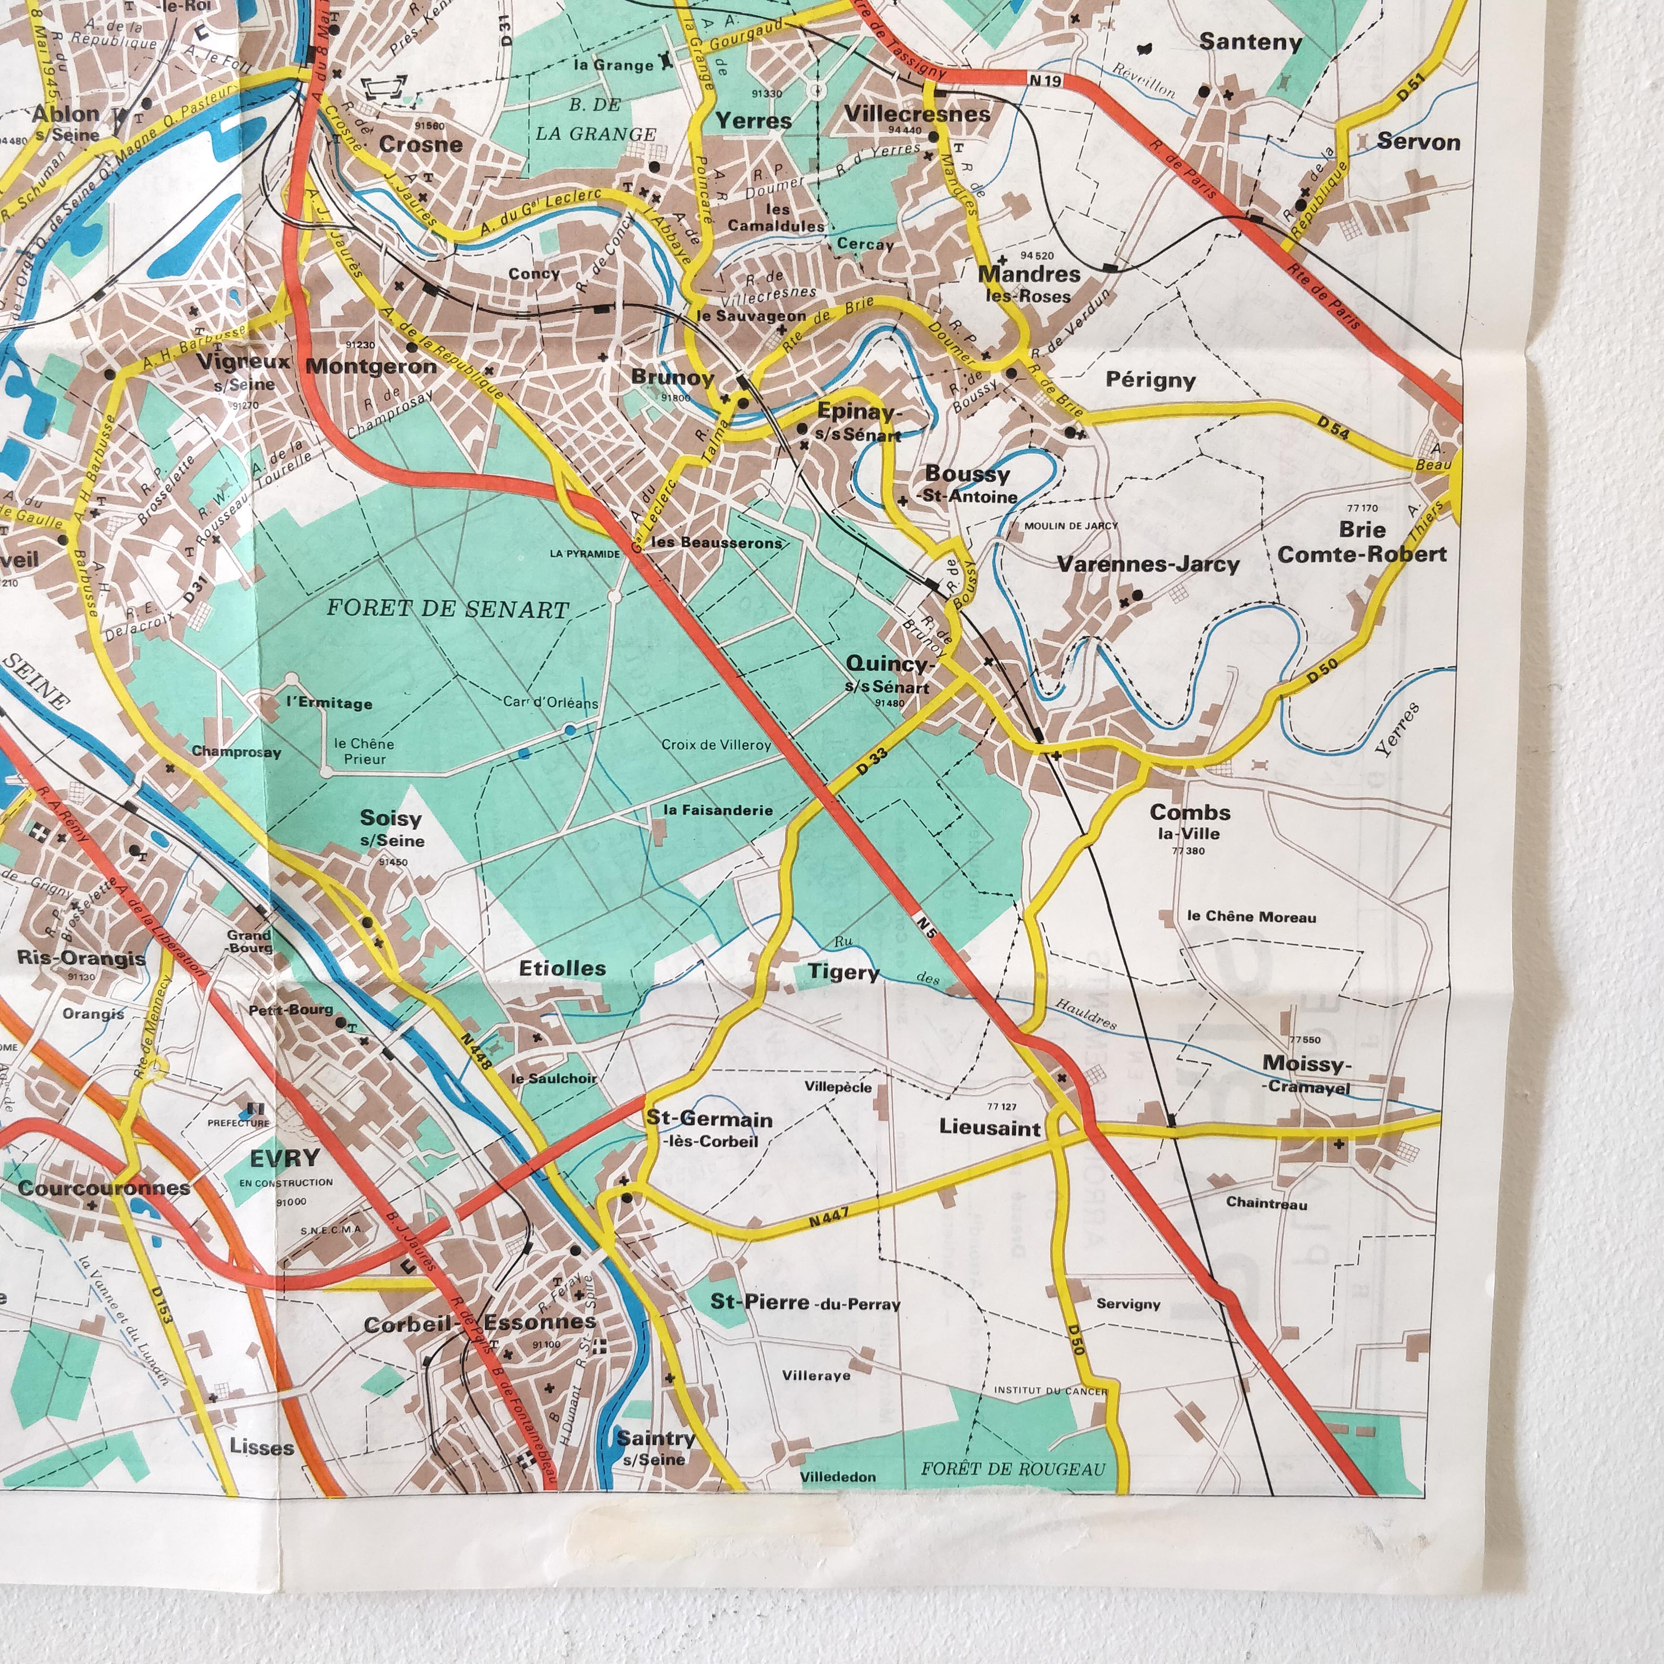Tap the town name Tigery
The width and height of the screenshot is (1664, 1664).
[x=843, y=973]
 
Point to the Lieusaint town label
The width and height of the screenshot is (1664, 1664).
[x=989, y=1128]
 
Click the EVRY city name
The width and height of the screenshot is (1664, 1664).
[x=285, y=1158]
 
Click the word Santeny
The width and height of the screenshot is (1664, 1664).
[x=1250, y=41]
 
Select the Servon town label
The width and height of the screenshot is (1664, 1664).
[x=1417, y=142]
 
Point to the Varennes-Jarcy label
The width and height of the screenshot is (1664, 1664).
[x=1148, y=565]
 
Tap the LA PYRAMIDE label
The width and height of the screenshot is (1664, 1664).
[x=585, y=554]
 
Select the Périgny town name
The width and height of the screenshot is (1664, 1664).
[x=1151, y=380]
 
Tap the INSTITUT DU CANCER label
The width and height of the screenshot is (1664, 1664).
[x=1051, y=1390]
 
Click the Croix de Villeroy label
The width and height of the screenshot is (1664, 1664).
[x=716, y=745]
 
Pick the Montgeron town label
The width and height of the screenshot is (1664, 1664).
[x=371, y=366]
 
